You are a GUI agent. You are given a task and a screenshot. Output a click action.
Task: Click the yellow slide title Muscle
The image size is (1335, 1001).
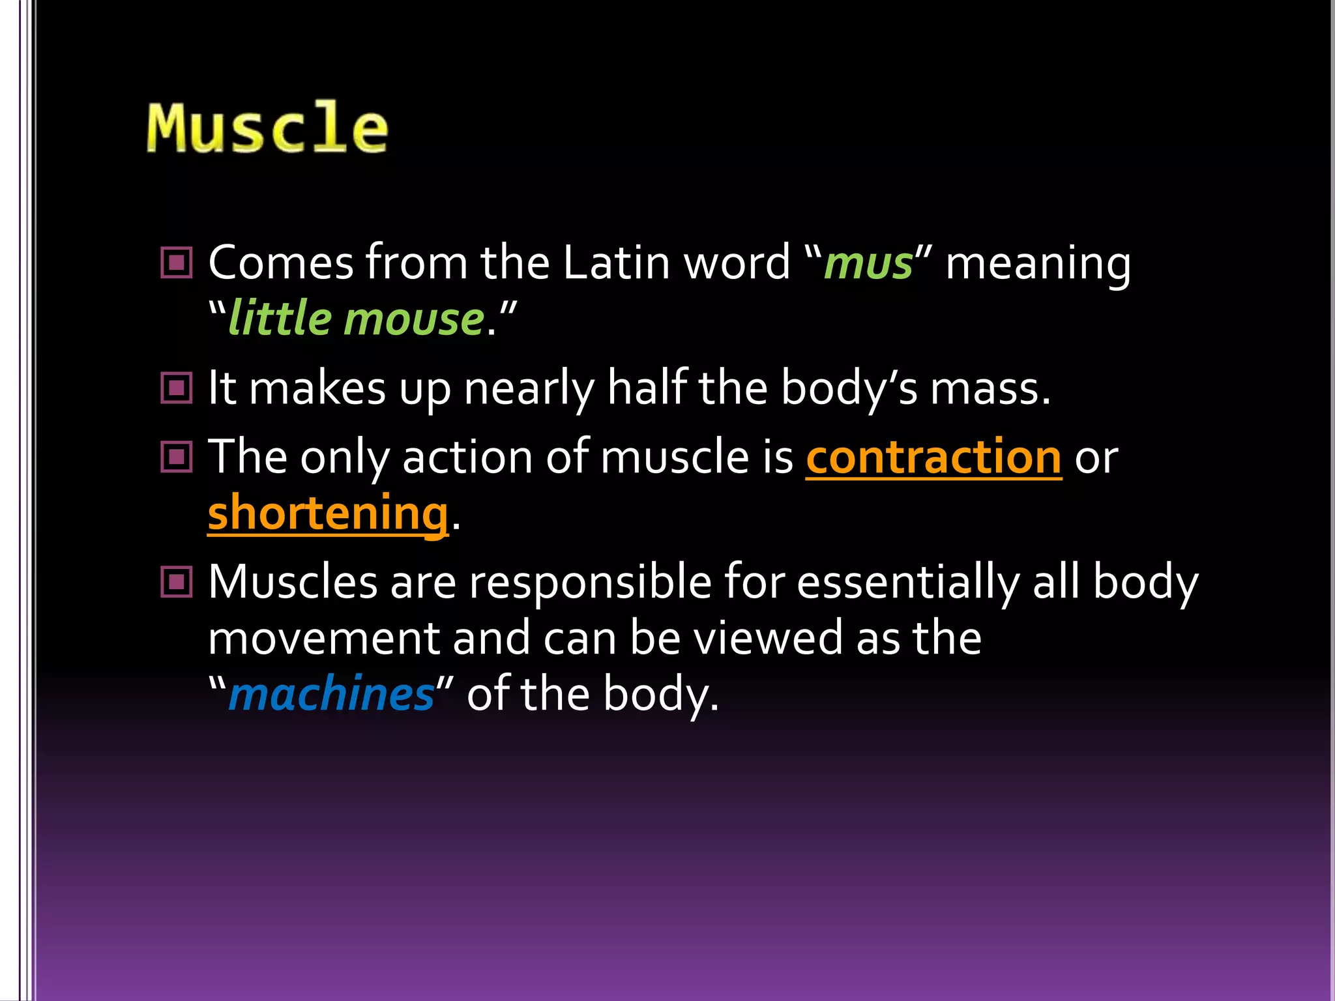(x=267, y=128)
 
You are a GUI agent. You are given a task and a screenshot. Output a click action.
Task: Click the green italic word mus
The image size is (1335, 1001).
(x=868, y=264)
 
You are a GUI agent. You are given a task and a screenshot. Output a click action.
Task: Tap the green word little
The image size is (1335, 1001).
(x=280, y=320)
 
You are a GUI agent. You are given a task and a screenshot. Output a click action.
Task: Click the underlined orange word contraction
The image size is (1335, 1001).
(x=933, y=457)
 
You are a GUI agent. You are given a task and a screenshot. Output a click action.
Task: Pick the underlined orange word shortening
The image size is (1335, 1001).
(x=328, y=513)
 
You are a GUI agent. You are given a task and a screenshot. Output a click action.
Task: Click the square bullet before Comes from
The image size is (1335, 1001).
(x=177, y=263)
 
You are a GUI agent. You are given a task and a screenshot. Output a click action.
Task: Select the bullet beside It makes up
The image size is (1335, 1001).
(x=177, y=388)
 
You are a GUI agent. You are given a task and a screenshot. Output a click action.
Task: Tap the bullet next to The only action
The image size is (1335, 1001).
(x=177, y=457)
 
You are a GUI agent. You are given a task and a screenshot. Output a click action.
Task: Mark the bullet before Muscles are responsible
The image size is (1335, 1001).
(x=177, y=581)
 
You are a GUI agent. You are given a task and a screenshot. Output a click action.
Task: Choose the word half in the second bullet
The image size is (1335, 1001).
(x=647, y=388)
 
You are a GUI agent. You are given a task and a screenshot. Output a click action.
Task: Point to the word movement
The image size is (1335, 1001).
(x=323, y=638)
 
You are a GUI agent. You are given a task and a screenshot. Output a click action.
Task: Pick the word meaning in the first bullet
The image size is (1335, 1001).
(x=1038, y=264)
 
